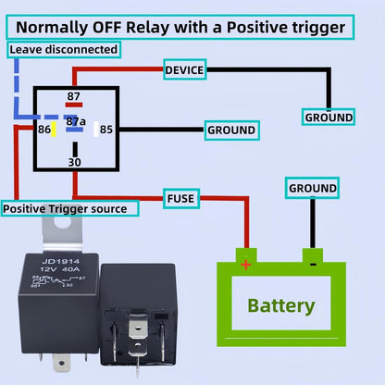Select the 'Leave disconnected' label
pos(63,48)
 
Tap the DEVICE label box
pos(184,69)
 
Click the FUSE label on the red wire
pos(180,198)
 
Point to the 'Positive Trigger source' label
pos(70,209)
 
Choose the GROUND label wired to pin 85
pos(230,130)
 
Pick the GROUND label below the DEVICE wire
pos(329,118)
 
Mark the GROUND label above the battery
pos(313,188)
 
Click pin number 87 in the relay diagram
pos(72,95)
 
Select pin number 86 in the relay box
pos(43,130)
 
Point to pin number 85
pos(106,130)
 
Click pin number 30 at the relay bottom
pos(74,162)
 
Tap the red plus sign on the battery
pos(245,264)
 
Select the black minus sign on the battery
pos(313,263)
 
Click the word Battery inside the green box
pos(280,305)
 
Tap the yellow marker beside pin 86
pos(55,129)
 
